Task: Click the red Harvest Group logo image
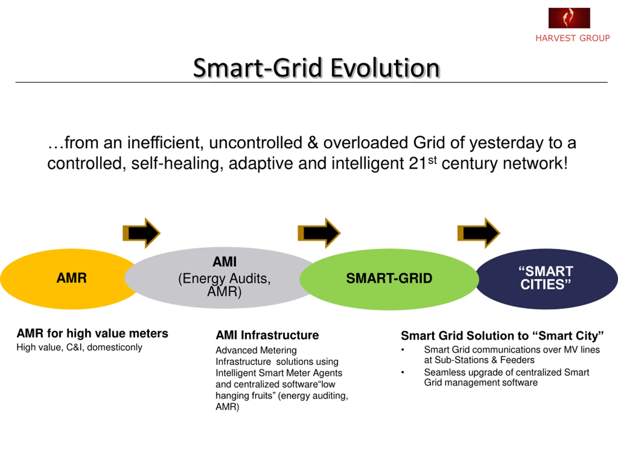(x=569, y=18)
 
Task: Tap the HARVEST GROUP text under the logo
(x=572, y=38)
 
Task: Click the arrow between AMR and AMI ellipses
(x=142, y=233)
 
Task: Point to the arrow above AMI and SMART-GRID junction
(x=319, y=233)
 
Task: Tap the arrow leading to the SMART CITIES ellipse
(x=478, y=233)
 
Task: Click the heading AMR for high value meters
(x=92, y=333)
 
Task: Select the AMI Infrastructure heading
(x=267, y=335)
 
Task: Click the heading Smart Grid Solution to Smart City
(x=502, y=335)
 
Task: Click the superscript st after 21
(x=432, y=160)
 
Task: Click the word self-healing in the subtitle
(x=177, y=163)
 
